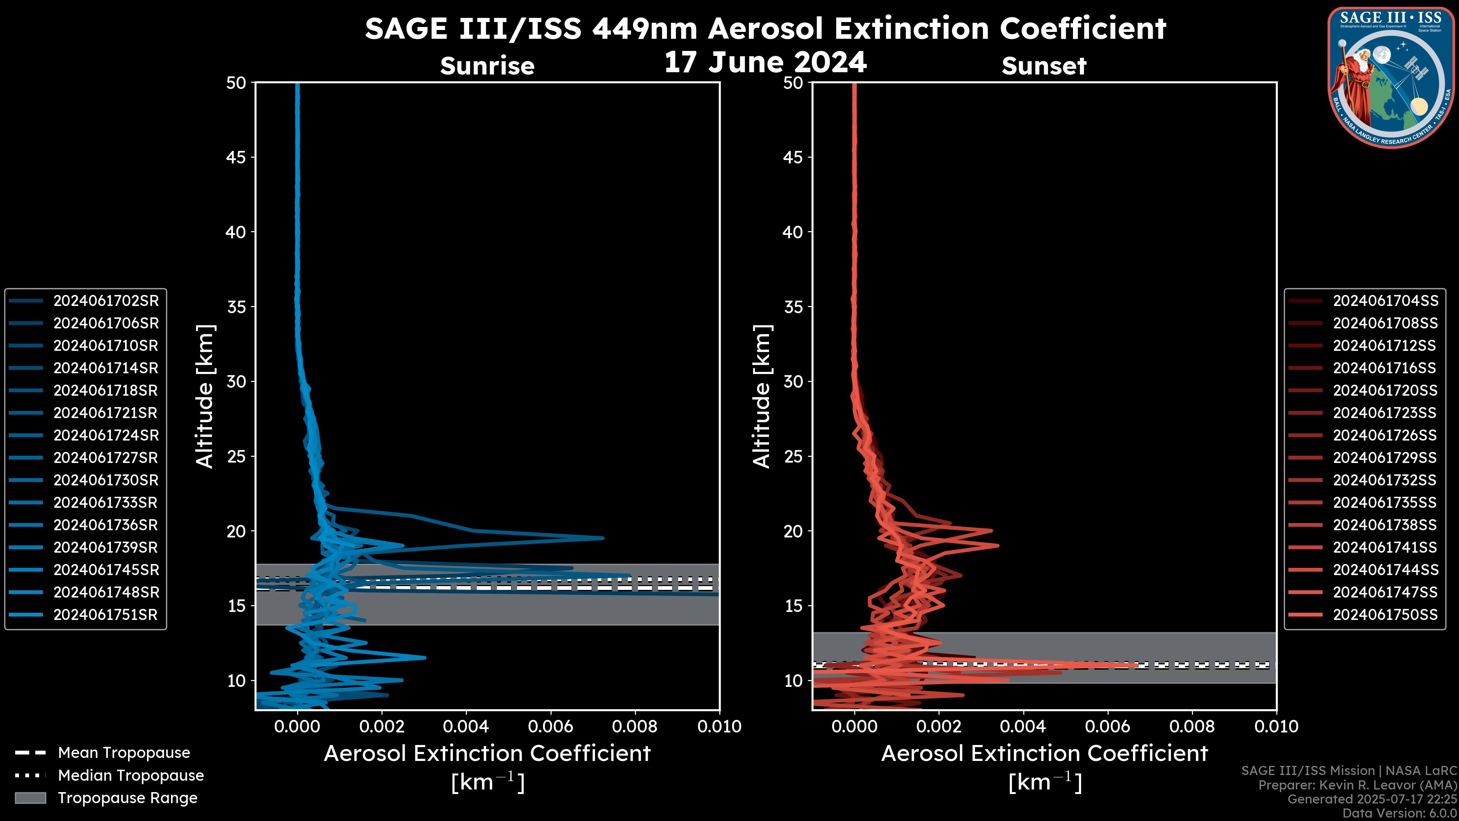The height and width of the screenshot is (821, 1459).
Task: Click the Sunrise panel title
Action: tap(487, 66)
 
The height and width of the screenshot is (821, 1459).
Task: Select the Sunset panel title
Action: tap(1044, 66)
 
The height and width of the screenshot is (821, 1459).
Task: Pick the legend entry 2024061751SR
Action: tap(105, 615)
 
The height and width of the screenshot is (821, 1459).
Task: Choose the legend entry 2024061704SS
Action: tap(1385, 301)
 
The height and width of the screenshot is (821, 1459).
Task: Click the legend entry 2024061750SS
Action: tap(1385, 615)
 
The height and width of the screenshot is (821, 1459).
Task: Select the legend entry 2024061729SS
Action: tap(1385, 458)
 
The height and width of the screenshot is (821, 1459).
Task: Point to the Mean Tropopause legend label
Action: tap(124, 753)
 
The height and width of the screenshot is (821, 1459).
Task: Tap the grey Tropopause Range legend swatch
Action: tap(30, 798)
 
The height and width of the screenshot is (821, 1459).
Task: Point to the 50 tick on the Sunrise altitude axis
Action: tap(236, 83)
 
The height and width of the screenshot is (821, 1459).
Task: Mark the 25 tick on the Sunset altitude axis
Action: tap(794, 456)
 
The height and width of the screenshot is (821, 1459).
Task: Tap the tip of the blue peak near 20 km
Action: tap(603, 538)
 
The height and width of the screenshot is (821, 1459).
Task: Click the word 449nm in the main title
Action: tap(644, 29)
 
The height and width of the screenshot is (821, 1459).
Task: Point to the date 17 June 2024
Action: tap(765, 62)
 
